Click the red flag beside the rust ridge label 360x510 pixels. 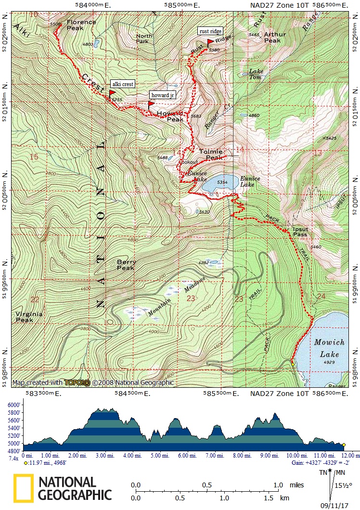point(210,42)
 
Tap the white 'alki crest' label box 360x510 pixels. point(122,84)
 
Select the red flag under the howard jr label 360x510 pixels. point(151,103)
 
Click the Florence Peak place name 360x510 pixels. point(81,25)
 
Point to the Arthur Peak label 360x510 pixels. point(275,38)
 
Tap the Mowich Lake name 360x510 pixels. point(330,348)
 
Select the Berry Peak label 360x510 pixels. point(127,265)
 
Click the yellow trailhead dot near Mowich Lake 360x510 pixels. point(293,364)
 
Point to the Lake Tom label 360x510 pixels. point(256,74)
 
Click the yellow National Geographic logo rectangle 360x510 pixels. point(23,488)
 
